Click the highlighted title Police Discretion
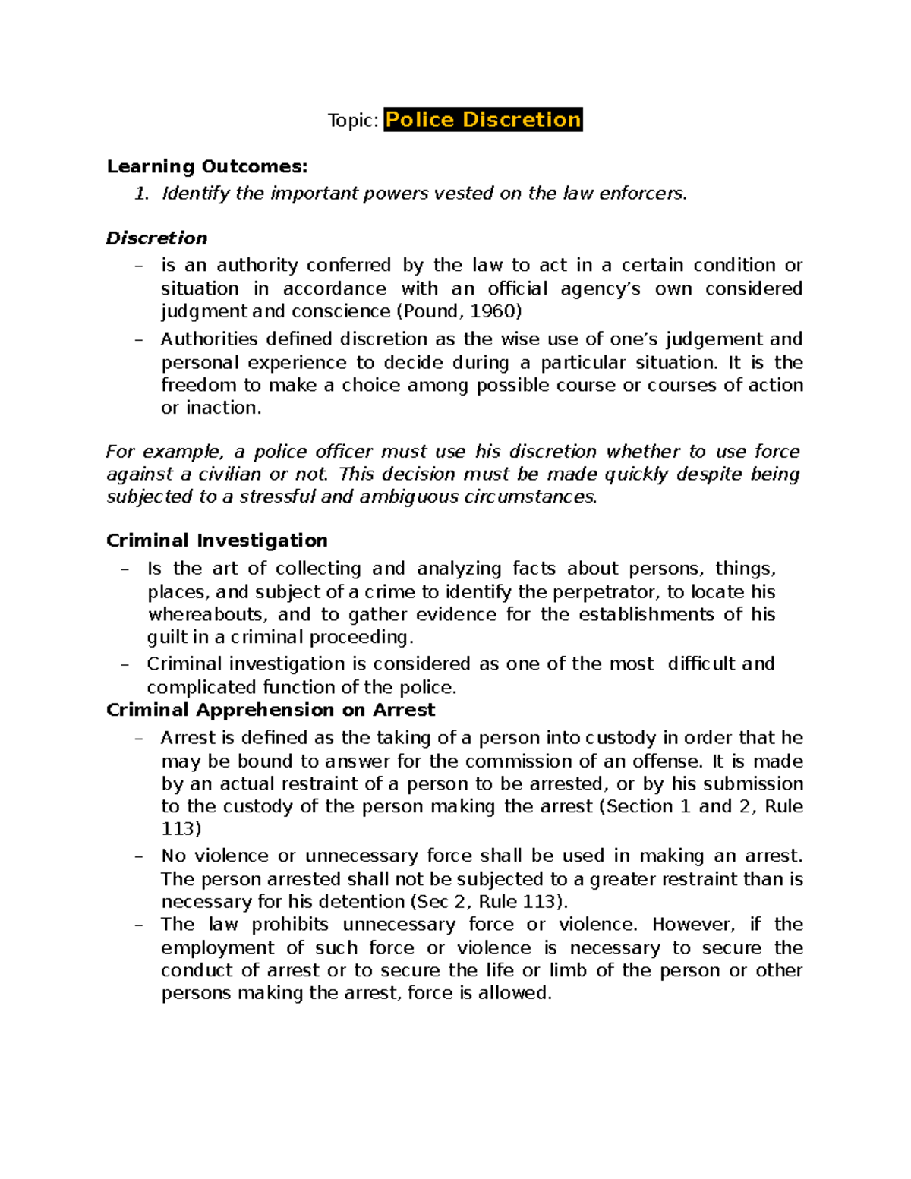[x=483, y=120]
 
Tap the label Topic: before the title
[x=352, y=121]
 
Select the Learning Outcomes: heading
[x=207, y=166]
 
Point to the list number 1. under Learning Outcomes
[x=141, y=194]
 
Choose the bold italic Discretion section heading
[x=156, y=238]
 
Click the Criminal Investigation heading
[x=217, y=541]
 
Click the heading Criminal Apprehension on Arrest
[x=271, y=710]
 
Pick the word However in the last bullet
[x=693, y=925]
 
